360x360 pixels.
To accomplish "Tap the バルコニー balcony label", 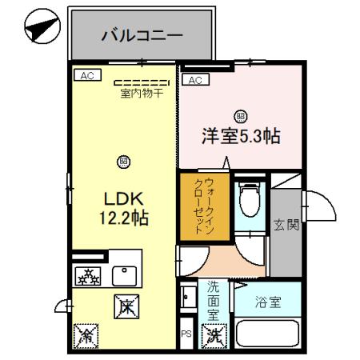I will [x=142, y=36].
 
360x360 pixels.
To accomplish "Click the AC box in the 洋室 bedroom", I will [x=194, y=79].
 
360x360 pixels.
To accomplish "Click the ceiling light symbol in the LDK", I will [x=123, y=161].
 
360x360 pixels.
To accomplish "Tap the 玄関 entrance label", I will [x=288, y=225].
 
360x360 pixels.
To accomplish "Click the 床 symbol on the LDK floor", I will [x=126, y=304].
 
